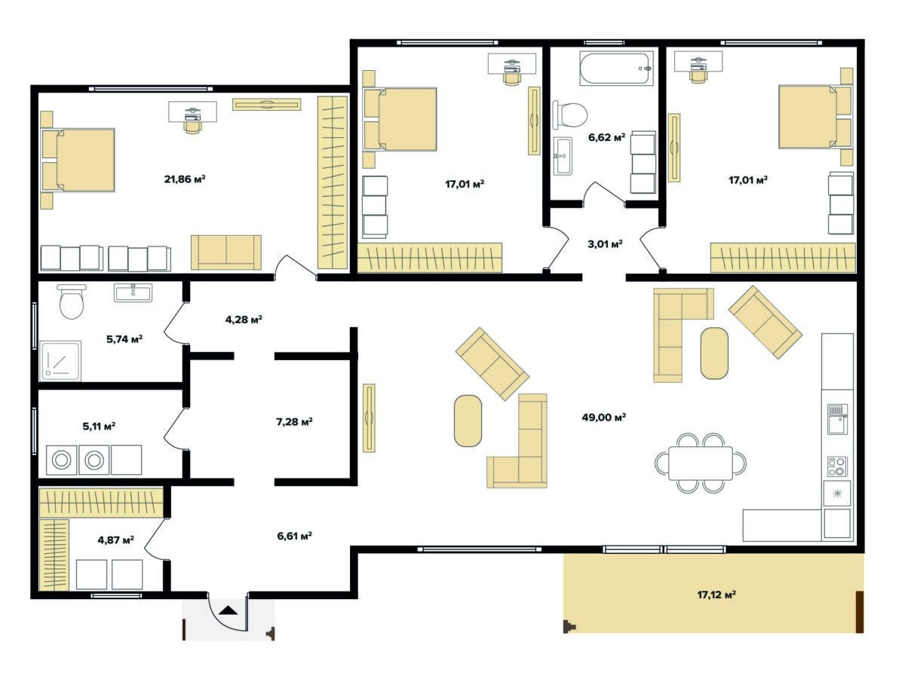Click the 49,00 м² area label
pos(603,418)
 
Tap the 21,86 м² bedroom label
pos(185,179)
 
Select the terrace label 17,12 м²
pos(716,595)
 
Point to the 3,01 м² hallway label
pos(605,244)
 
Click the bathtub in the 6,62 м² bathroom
pos(616,69)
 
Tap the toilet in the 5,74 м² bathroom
pos(72,301)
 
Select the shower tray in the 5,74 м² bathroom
pos(60,360)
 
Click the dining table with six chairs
pos(701,463)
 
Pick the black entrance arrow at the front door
pos(228,610)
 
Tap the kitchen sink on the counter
pos(837,419)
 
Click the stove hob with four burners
pos(837,466)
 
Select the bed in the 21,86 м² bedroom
pos(78,160)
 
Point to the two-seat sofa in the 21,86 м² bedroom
pos(226,252)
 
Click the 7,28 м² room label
pos(294,421)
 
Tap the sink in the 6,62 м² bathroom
pos(563,156)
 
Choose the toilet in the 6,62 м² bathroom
pos(570,115)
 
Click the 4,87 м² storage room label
pos(115,540)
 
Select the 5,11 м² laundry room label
pos(99,426)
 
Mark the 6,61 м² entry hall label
pos(294,536)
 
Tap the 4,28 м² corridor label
pos(244,320)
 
